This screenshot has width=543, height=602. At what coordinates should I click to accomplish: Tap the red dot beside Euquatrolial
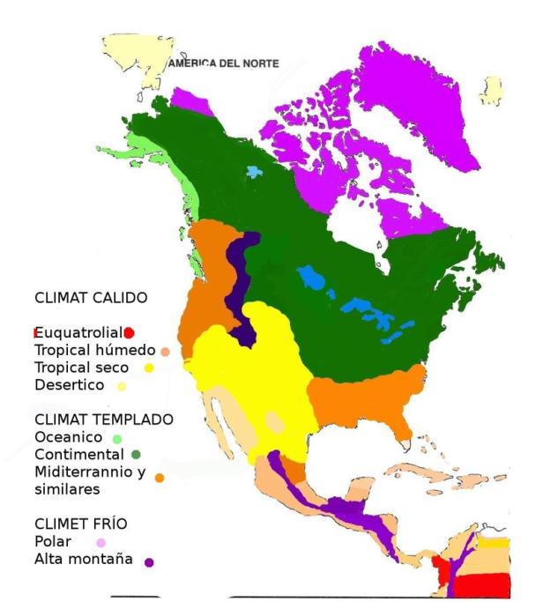pos(129,332)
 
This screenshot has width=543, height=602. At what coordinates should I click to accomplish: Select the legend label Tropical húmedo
pos(94,350)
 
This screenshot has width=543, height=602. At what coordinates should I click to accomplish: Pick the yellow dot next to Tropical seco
pos(150,368)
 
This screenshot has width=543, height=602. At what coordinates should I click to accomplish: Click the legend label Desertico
pos(69,385)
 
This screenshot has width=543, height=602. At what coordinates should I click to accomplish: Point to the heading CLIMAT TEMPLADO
pos(103,419)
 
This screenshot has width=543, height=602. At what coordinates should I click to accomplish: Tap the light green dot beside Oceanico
pos(116,437)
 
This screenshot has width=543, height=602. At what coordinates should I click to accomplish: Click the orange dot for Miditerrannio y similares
pos(160,478)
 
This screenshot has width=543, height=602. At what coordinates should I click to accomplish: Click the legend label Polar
pos(52,541)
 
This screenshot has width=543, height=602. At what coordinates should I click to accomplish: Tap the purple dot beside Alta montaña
pos(151,561)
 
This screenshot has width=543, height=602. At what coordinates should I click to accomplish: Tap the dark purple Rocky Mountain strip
pos(240,282)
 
